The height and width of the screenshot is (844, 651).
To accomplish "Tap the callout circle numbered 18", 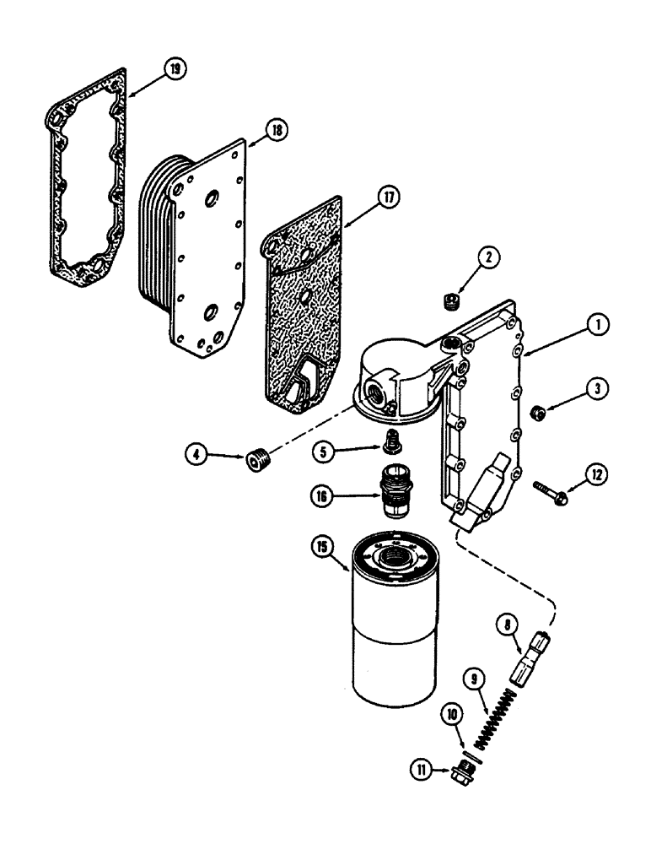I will click(276, 130).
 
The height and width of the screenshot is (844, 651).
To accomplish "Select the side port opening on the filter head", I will click(373, 392).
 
